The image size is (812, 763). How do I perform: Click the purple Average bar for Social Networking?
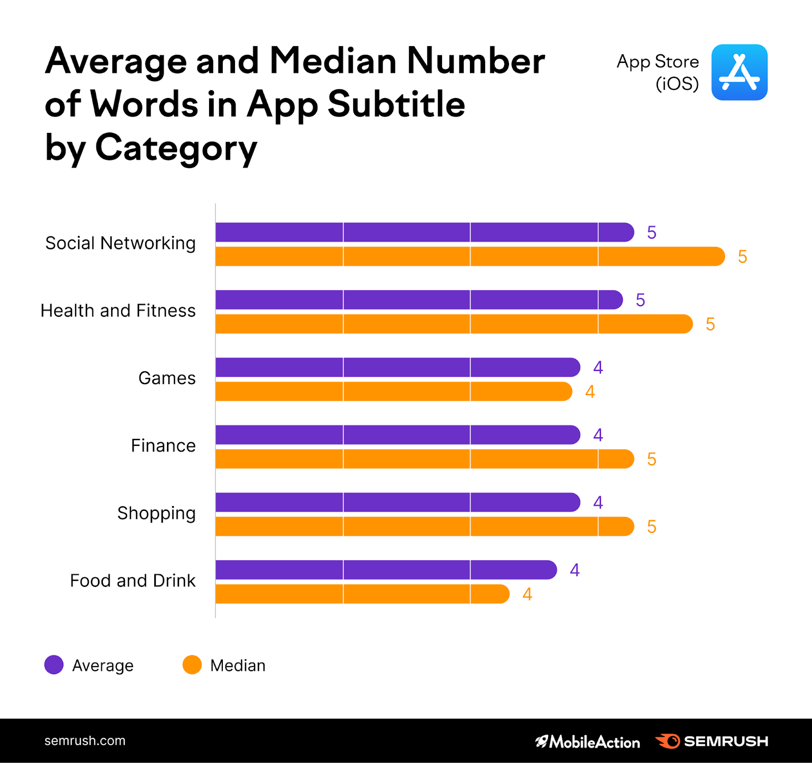point(424,232)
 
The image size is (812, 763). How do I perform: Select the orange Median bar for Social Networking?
point(470,257)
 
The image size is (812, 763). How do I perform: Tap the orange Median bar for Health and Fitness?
point(454,324)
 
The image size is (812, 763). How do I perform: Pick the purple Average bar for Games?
point(397,367)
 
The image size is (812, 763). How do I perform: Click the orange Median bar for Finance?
point(424,459)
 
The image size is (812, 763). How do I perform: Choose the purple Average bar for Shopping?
point(397,502)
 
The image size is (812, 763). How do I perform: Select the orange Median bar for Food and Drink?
point(362,594)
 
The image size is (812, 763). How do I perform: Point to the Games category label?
point(167,378)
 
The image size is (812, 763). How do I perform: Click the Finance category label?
point(163,446)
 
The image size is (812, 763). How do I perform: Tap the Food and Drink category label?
point(132,581)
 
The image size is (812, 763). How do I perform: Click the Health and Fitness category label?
point(118,310)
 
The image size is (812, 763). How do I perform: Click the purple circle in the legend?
point(54,665)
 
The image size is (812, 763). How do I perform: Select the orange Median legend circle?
point(192,665)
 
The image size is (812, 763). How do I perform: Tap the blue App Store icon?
point(739,72)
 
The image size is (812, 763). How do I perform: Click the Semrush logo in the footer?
point(712,741)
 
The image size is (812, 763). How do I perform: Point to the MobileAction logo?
point(588,742)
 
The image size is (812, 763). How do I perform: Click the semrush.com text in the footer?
point(85,741)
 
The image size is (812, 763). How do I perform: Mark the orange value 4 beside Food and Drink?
point(527,594)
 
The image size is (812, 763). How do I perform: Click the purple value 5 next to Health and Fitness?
point(640,300)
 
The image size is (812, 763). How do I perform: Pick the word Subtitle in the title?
point(396,105)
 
